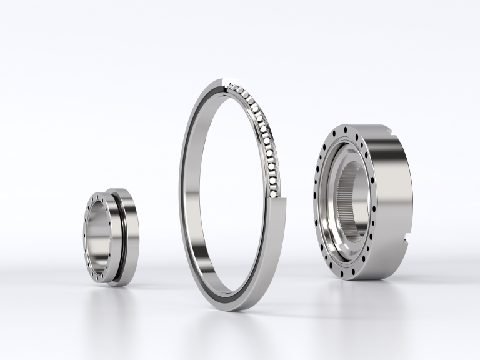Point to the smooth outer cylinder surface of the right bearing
[394, 187]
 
